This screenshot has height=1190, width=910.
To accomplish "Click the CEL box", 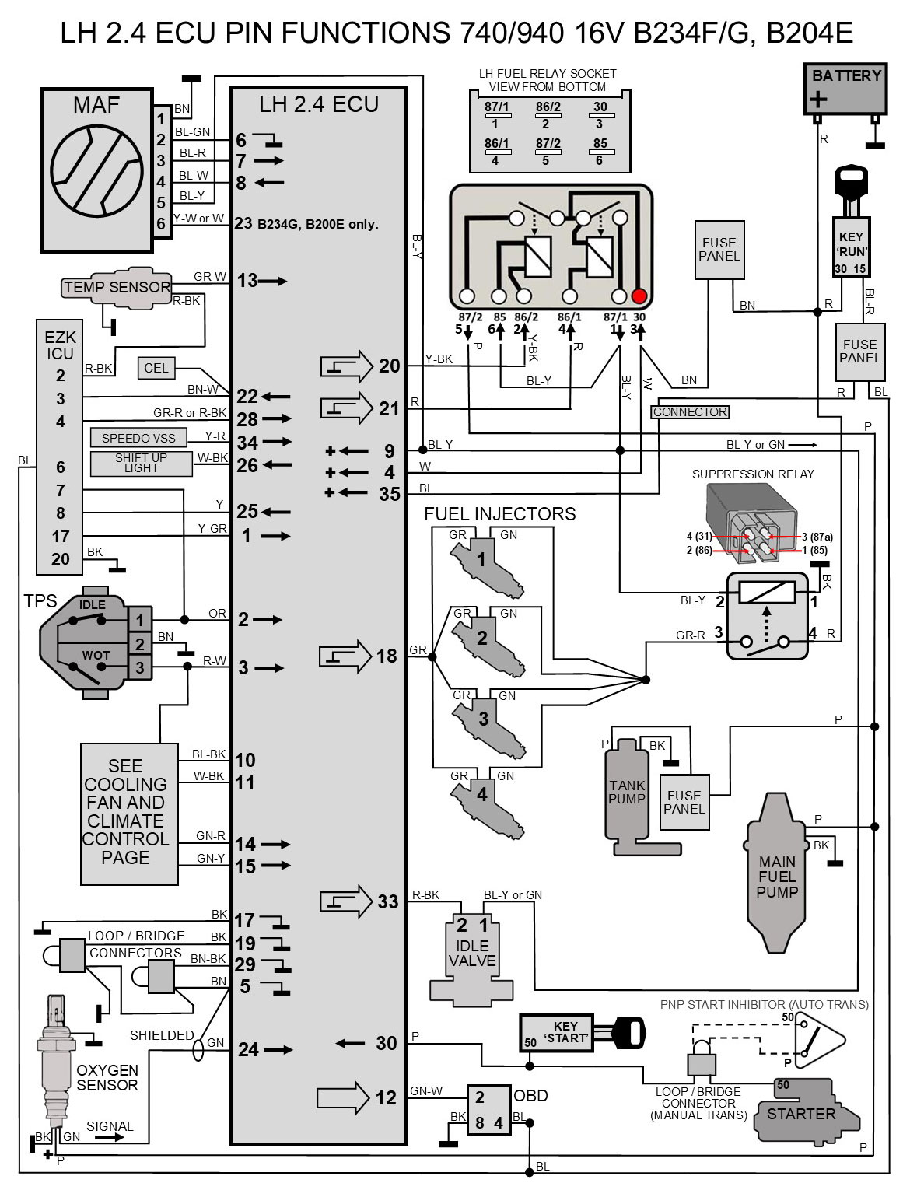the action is point(156,368).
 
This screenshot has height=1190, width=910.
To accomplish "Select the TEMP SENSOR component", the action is point(117,287).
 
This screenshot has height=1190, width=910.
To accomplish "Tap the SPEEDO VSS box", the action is point(138,438).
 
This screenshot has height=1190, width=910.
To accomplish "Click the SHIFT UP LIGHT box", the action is point(141,464).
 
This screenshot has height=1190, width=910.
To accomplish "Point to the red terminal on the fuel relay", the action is point(639,296).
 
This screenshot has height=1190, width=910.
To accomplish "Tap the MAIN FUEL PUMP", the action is point(776,873).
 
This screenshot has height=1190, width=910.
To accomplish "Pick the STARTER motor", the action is point(805,1111).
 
